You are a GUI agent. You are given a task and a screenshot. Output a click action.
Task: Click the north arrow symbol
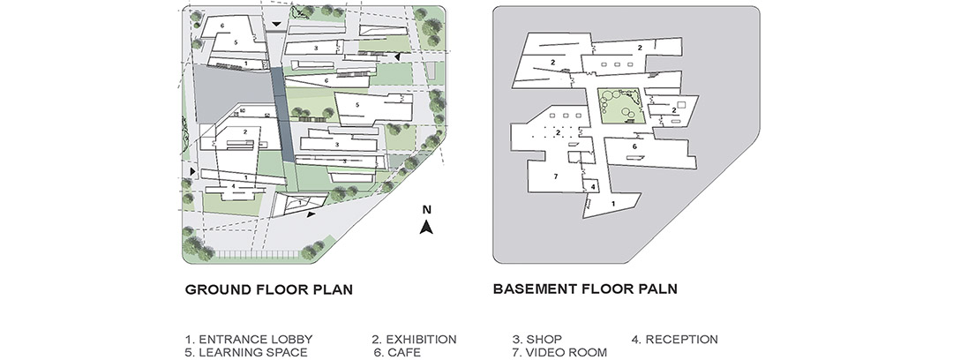tap(427, 227)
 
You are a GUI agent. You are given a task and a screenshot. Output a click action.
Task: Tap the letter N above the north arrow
tap(427, 210)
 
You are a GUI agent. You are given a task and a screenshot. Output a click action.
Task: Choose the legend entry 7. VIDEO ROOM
tap(559, 353)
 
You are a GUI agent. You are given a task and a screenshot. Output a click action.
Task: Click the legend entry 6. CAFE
tap(397, 353)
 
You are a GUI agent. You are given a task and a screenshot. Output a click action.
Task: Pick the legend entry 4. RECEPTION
tap(675, 340)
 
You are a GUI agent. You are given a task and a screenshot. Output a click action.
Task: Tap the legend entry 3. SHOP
tap(537, 340)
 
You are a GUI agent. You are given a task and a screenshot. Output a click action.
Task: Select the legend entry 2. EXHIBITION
tap(414, 340)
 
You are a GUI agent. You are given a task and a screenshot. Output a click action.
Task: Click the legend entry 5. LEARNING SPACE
tap(246, 353)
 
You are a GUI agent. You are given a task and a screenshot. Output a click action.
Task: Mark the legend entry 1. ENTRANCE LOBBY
tap(249, 340)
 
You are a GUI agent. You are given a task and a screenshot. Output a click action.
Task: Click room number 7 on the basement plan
tap(555, 176)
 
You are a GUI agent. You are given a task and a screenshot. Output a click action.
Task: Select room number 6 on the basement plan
tap(634, 146)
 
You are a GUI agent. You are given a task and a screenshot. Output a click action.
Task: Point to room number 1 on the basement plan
tap(612, 204)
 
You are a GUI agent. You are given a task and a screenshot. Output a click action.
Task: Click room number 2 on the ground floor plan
tap(245, 131)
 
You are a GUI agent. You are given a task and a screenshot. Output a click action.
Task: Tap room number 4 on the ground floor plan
tap(233, 186)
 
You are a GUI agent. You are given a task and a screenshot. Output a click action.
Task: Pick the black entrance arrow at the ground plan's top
tap(276, 24)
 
